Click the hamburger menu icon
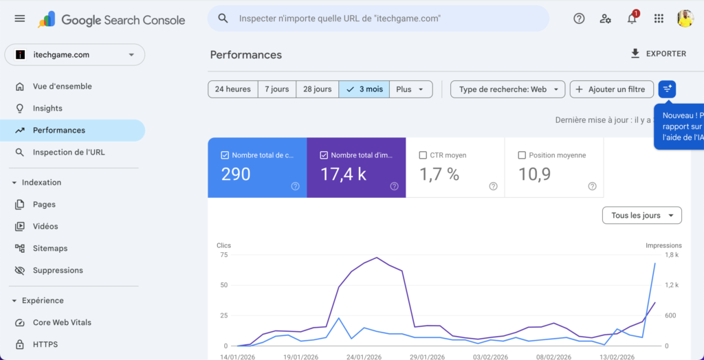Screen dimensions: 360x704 point(19,19)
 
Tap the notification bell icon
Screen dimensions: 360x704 point(632,19)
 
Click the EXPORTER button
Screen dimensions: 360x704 point(658,54)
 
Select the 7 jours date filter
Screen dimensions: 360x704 point(277,89)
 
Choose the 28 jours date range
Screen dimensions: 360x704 point(317,89)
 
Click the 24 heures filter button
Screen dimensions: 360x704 point(232,89)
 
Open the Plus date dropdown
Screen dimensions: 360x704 point(410,89)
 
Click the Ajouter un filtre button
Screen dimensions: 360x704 point(611,89)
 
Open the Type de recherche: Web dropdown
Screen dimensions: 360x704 point(507,89)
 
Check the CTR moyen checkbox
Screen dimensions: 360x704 point(423,155)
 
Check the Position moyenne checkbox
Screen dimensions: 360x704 point(522,155)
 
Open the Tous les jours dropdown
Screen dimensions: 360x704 point(641,216)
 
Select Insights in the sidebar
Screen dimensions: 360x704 point(47,109)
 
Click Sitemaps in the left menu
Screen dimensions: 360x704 point(50,249)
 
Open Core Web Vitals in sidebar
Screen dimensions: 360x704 point(62,323)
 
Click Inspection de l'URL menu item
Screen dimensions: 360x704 point(69,153)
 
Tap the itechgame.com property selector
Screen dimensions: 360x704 point(74,55)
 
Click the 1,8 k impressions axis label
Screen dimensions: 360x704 point(671,255)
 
